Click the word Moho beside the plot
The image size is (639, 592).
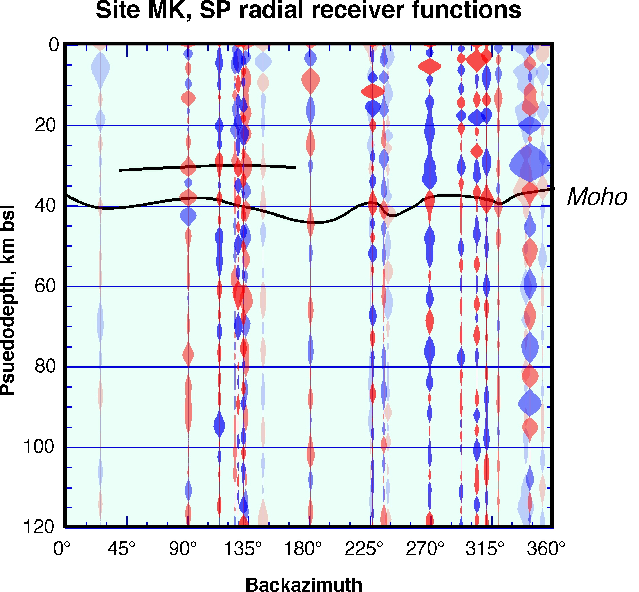[597, 197]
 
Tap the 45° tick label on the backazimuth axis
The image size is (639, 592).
[122, 549]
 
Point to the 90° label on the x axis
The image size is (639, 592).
[183, 549]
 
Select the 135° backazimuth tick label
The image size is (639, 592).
[243, 549]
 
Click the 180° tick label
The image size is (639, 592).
[303, 549]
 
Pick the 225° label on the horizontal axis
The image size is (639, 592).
[364, 549]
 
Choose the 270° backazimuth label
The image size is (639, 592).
[425, 549]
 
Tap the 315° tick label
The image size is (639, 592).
[485, 549]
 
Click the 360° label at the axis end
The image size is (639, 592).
[546, 549]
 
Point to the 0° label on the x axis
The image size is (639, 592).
[62, 549]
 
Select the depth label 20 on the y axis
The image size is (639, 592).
[45, 126]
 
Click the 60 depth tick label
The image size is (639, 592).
[45, 286]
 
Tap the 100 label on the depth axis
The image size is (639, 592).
[39, 447]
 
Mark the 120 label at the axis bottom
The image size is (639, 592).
[39, 527]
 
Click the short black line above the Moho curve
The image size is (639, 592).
[208, 166]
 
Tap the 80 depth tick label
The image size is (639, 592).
[45, 366]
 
